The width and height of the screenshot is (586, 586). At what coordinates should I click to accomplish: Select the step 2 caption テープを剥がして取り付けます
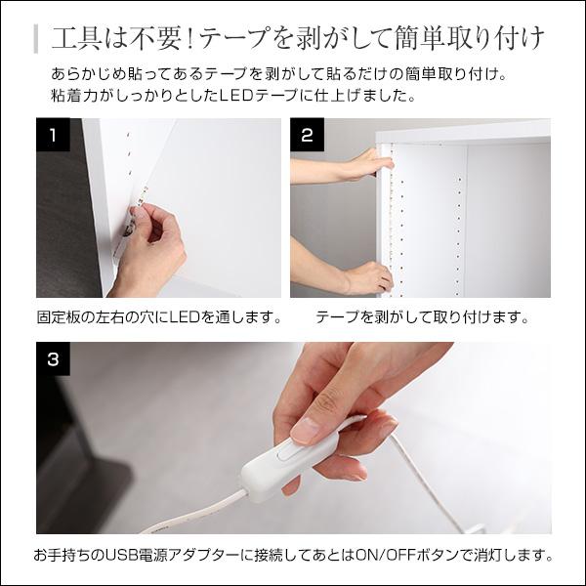(x=422, y=318)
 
